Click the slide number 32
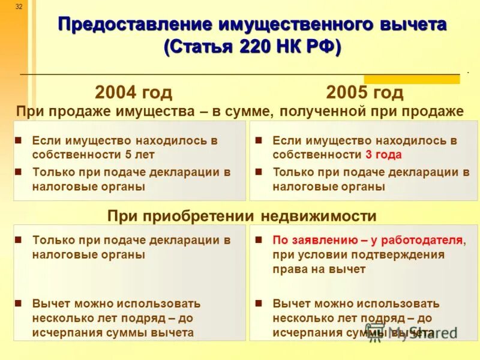point(19,6)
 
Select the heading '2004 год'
point(133,92)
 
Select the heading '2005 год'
point(365,92)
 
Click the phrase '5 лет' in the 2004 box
point(140,155)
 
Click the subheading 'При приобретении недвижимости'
point(242,216)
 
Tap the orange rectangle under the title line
point(412,79)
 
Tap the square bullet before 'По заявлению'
point(259,240)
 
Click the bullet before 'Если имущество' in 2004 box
point(19,140)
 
